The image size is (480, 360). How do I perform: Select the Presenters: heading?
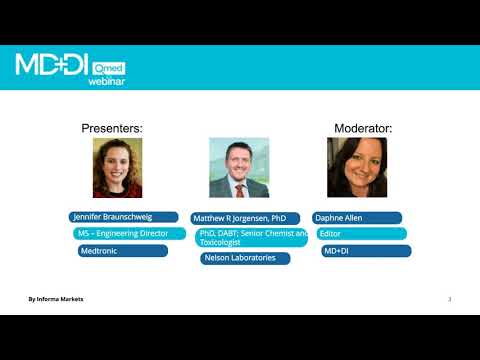tap(112, 129)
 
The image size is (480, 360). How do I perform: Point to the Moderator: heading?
tap(362, 129)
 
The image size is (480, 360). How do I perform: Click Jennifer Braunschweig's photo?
tap(117, 167)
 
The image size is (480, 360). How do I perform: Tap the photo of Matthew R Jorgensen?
tap(238, 167)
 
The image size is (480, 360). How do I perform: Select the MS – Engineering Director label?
tap(129, 234)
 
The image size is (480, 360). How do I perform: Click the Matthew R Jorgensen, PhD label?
tap(244, 218)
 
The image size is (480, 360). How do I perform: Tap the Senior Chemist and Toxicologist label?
tap(253, 237)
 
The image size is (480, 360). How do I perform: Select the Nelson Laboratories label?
tap(245, 258)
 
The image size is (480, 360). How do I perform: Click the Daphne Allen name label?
tap(357, 217)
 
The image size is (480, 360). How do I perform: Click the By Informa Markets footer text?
tap(55, 299)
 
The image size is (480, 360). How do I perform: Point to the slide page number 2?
tap(450, 299)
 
